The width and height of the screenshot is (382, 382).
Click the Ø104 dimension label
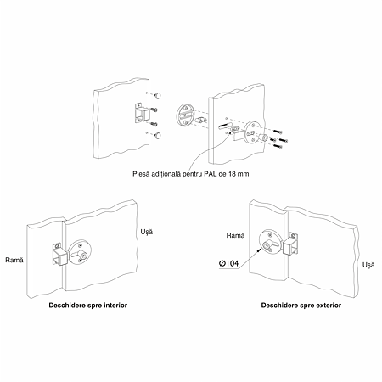point(228,263)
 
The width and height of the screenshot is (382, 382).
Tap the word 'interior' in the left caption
point(115,306)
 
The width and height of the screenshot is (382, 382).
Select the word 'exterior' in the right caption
point(329,306)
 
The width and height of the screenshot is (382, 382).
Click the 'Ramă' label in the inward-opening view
point(14,260)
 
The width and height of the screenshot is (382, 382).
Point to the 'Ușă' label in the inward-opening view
point(147,232)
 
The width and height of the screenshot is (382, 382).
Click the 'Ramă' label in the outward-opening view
point(235,235)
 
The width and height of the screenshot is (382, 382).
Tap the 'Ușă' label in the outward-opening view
point(368,265)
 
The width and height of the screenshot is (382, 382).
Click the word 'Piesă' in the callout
point(141,174)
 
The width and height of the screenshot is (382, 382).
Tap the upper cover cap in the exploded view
point(159,95)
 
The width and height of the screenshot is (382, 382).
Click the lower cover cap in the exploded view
point(158,135)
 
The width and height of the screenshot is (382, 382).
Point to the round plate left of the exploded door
point(185,115)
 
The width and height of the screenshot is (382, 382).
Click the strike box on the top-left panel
point(142,113)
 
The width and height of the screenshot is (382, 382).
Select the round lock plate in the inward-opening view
point(80,252)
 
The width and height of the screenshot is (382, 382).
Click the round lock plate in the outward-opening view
point(270,242)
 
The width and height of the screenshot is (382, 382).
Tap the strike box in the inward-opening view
point(59,255)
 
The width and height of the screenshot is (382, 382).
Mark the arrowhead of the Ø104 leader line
point(262,248)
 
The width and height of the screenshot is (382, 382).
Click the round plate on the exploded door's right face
point(253,133)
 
